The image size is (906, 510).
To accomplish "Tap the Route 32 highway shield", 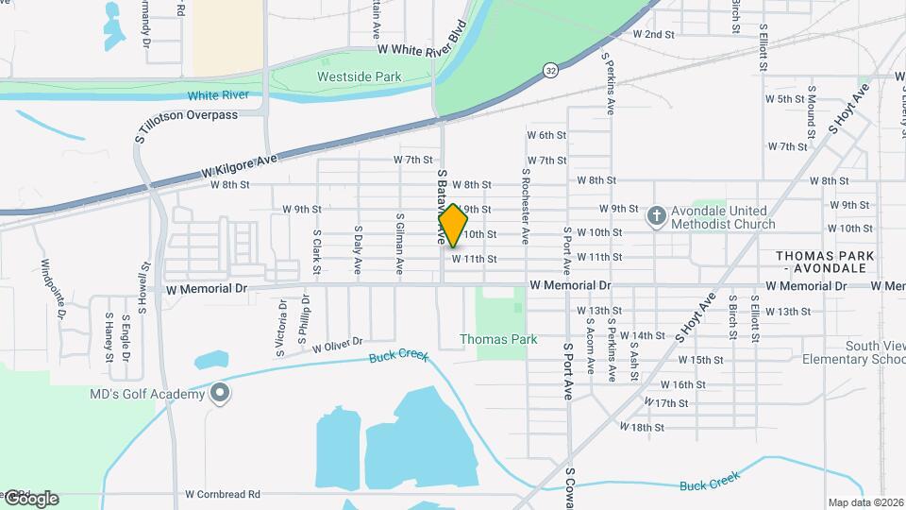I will [549, 69].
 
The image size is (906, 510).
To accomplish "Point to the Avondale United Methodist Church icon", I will [657, 216].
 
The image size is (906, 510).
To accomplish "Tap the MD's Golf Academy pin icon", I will [219, 392].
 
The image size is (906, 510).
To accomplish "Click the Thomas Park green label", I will [498, 339].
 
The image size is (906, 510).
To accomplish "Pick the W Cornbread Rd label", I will [222, 494].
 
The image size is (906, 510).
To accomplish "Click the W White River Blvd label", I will [422, 48].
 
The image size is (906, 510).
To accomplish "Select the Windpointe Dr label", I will [52, 288].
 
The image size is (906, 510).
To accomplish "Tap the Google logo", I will [30, 498].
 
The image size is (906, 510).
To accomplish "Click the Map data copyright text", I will [864, 502].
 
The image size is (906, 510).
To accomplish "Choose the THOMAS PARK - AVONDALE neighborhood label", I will [825, 263].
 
